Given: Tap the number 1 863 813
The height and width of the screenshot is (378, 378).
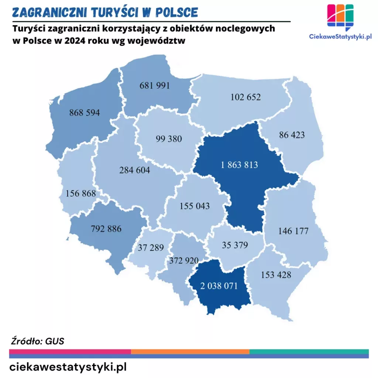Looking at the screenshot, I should [x=239, y=165].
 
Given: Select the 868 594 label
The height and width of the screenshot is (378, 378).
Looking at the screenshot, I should [x=85, y=113].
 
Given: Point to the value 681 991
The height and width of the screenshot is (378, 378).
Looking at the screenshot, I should [x=155, y=85].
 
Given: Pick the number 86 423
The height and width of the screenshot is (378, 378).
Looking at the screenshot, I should [x=292, y=135].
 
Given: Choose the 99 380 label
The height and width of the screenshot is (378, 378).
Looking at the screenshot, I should [x=169, y=139].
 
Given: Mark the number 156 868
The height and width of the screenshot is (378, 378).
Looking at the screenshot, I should [x=80, y=193].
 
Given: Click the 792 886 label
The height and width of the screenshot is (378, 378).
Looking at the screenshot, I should [x=106, y=228].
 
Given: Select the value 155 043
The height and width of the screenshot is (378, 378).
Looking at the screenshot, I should [x=195, y=206].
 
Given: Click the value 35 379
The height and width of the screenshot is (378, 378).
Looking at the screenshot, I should [x=235, y=245].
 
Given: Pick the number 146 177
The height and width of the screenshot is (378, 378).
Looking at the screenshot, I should [x=293, y=231].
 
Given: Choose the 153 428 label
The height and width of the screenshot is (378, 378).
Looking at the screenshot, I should [x=276, y=275].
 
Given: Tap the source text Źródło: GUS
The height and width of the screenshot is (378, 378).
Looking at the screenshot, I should [x=37, y=341].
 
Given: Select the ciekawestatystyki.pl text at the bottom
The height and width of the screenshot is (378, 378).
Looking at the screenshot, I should [x=68, y=367].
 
